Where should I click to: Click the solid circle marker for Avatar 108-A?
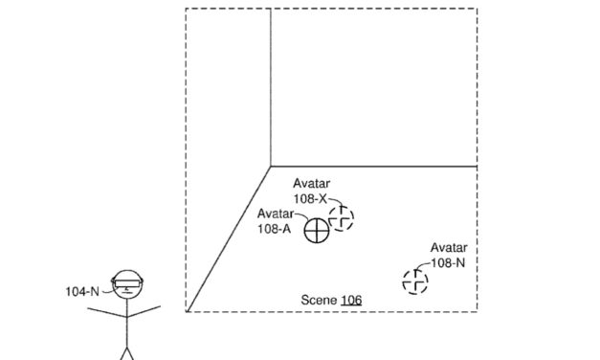[x=317, y=230]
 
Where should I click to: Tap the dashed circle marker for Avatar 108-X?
[x=341, y=219]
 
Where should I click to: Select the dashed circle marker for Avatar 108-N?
[x=415, y=281]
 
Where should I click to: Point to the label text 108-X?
[x=310, y=198]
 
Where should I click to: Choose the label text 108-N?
[x=448, y=261]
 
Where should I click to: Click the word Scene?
[x=319, y=301]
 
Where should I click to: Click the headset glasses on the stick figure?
[x=128, y=281]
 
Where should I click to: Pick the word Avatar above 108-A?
[x=275, y=214]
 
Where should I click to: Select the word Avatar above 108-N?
[x=448, y=247]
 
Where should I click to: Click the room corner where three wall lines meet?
[x=270, y=166]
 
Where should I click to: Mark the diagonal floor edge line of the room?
[x=228, y=239]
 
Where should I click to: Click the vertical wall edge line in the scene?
[x=270, y=86]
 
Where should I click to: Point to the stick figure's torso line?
[x=126, y=326]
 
